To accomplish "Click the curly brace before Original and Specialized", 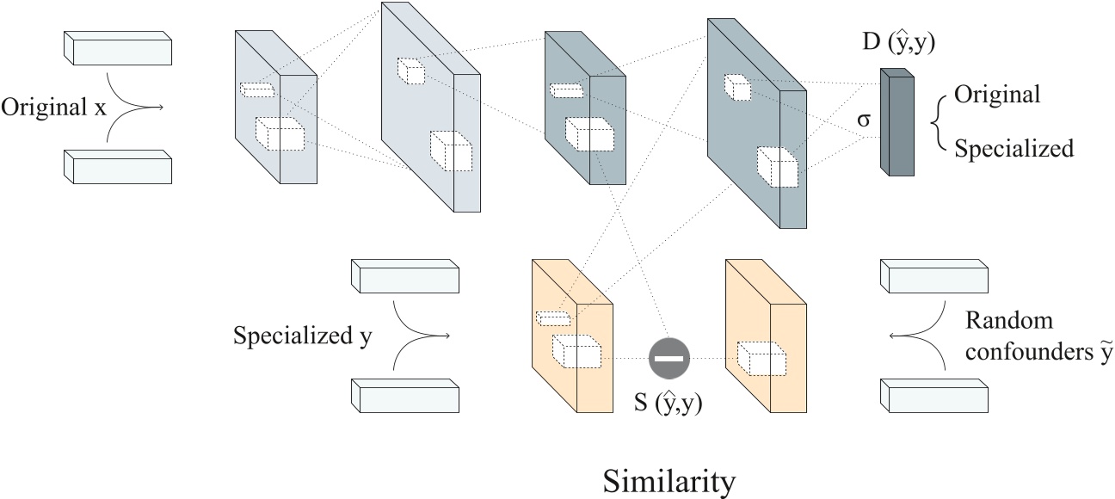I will [x=938, y=121].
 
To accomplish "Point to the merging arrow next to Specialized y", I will [x=421, y=336].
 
